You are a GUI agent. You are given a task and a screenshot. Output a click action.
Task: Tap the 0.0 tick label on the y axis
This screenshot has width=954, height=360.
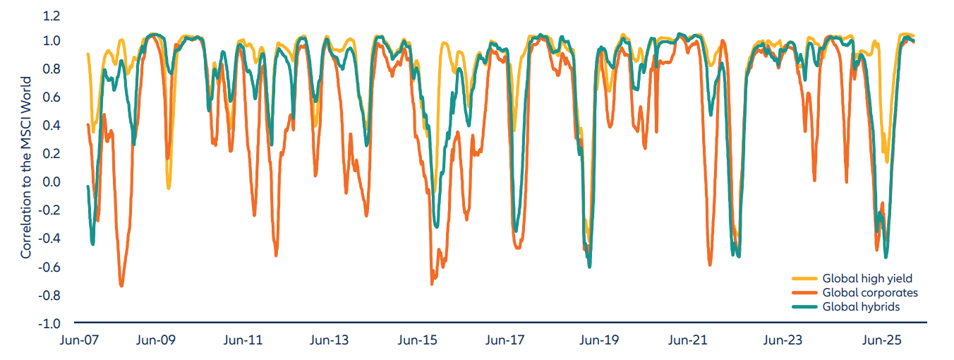pos(52,182)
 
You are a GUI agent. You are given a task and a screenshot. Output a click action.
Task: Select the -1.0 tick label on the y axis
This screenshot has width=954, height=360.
pos(49,324)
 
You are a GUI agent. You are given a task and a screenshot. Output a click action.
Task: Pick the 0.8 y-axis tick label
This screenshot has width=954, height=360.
pos(52,69)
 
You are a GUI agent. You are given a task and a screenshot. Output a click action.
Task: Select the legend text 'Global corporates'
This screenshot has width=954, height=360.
pos(870,293)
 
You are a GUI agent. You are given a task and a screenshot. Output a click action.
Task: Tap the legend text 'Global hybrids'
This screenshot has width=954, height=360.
pos(861,307)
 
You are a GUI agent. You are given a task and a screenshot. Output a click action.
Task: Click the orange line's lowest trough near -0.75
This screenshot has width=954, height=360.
pos(121,285)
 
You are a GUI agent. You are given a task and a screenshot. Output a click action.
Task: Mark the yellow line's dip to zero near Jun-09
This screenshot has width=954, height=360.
pos(169,188)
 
